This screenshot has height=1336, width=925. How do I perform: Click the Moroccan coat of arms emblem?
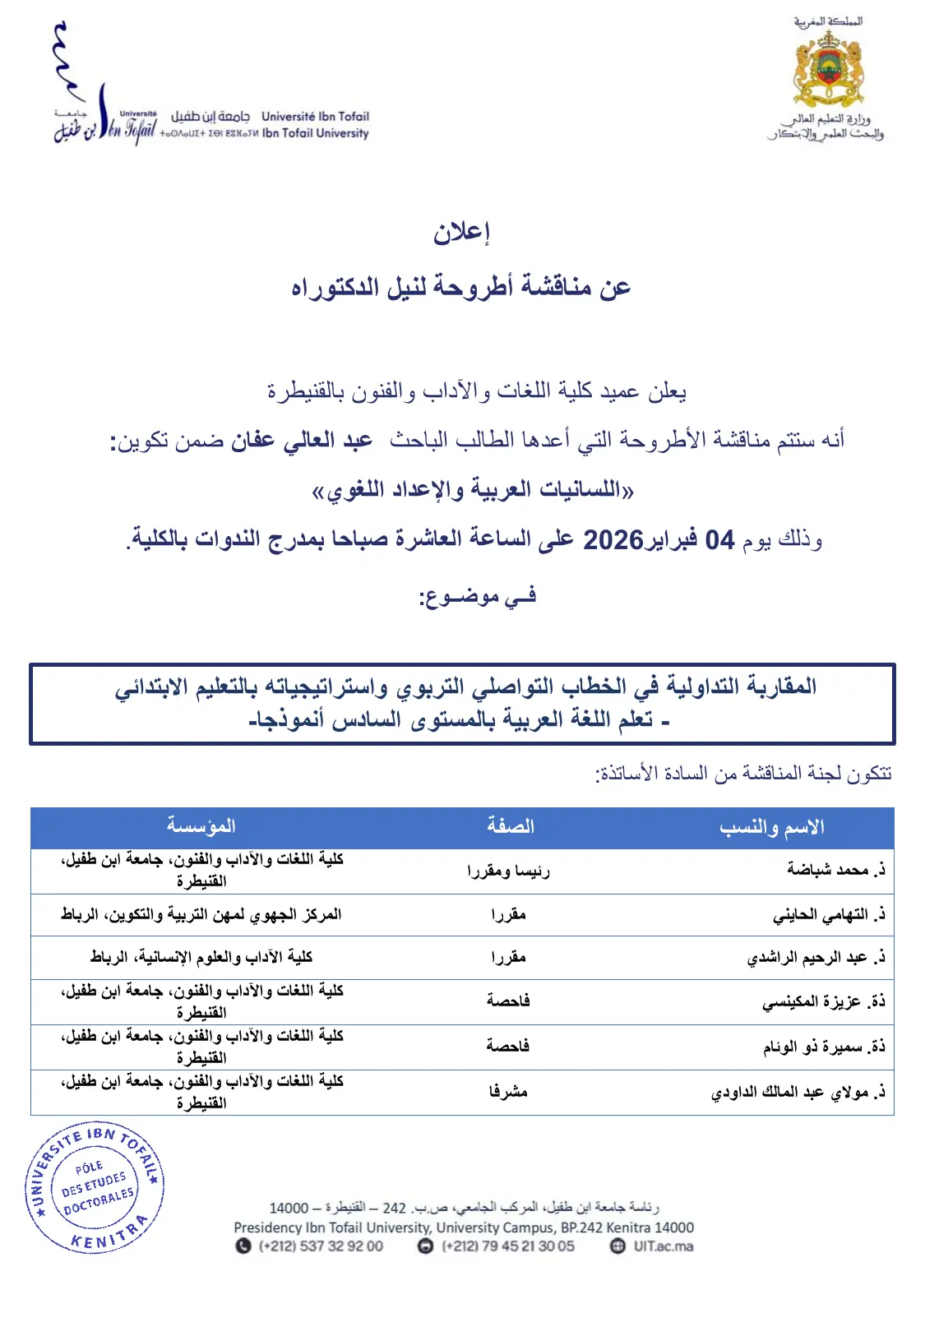(x=827, y=69)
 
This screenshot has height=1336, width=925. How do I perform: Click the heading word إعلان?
(x=461, y=232)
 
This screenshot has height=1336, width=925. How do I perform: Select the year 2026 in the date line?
(x=613, y=540)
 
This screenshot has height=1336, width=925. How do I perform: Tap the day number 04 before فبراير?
(x=719, y=540)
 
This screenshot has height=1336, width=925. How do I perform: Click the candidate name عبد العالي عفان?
(x=302, y=441)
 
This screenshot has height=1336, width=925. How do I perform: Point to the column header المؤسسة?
(x=201, y=826)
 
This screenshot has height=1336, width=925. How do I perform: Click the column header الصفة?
(x=510, y=826)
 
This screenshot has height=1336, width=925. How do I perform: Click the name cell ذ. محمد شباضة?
(x=835, y=870)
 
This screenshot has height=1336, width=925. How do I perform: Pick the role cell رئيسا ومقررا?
(x=508, y=871)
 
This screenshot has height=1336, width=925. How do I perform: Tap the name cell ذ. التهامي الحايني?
(x=829, y=914)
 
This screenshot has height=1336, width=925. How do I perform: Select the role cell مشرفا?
(x=508, y=1092)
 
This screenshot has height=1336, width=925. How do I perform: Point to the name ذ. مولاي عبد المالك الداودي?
(x=798, y=1093)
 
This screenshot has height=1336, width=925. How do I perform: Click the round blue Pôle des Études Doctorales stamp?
(x=95, y=1186)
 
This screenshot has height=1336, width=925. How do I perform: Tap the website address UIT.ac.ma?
(x=663, y=1246)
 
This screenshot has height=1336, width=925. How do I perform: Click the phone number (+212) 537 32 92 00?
(x=321, y=1246)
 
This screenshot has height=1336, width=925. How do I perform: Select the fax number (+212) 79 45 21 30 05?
(x=507, y=1246)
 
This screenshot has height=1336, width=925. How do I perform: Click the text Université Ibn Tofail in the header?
(x=315, y=117)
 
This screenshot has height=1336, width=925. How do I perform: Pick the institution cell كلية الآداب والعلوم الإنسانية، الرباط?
(x=201, y=957)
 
